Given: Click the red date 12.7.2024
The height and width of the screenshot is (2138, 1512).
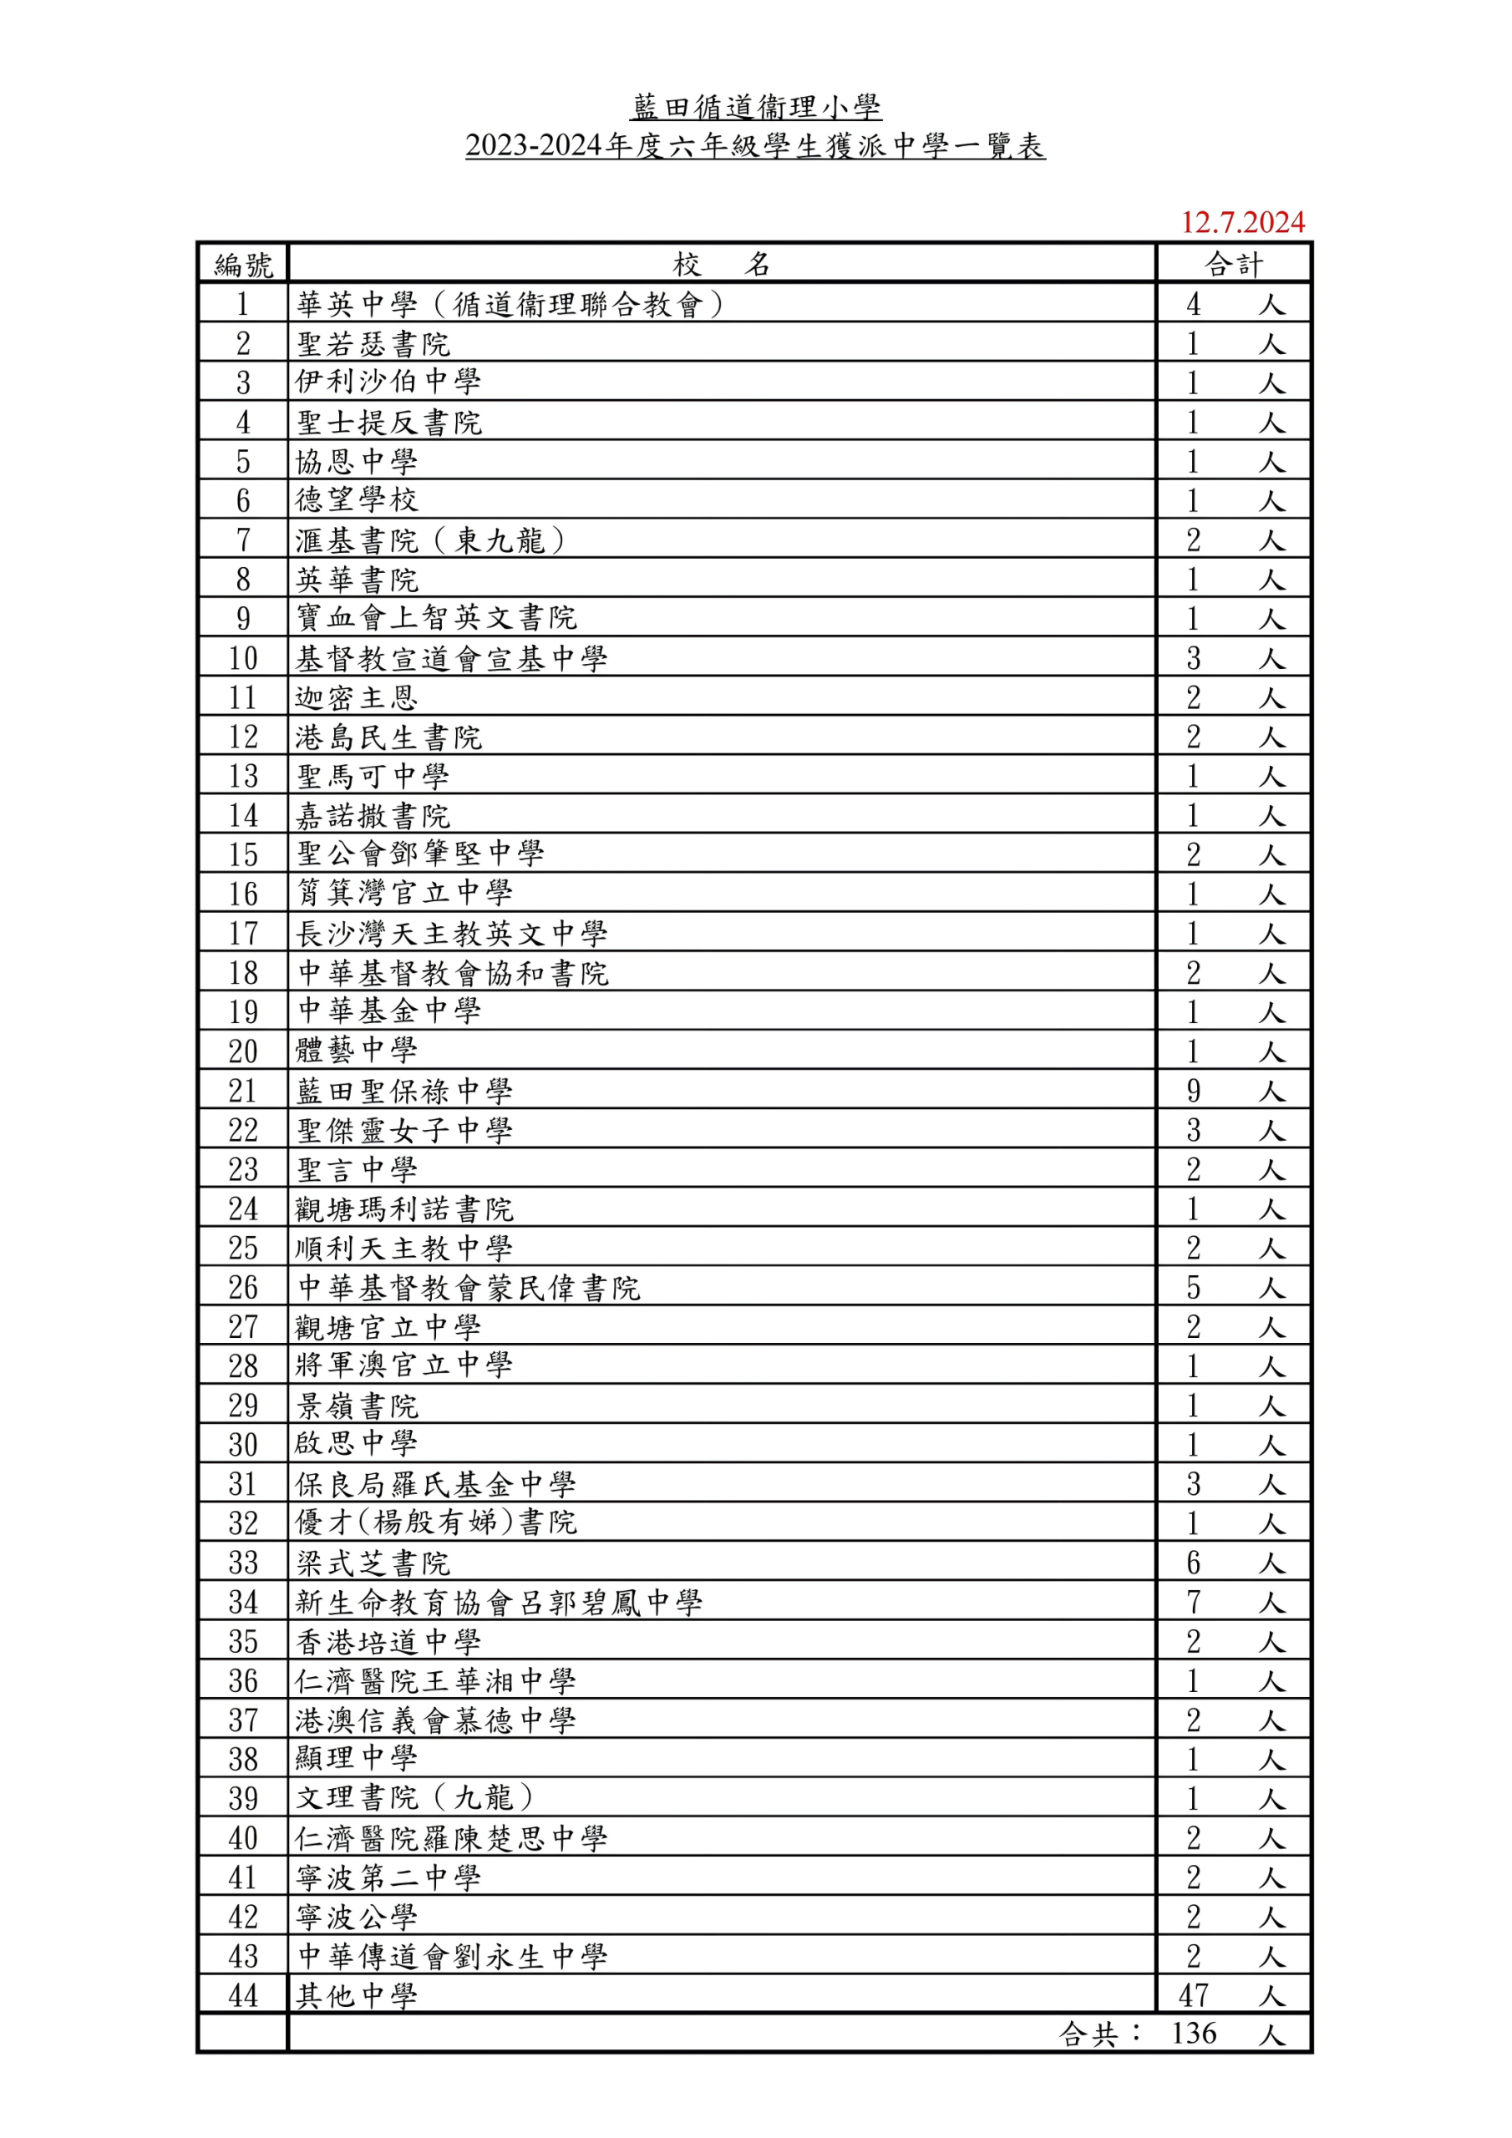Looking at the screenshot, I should [x=1243, y=222].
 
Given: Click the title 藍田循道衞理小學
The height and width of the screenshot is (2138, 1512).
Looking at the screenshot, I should [x=755, y=107].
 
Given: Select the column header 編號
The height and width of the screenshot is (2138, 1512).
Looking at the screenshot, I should [x=243, y=265].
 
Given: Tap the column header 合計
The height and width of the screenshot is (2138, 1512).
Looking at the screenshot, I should [x=1235, y=265].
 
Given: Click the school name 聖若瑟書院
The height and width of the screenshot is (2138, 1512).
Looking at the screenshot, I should [x=373, y=345].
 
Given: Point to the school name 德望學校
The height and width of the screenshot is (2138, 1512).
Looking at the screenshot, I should [x=357, y=501].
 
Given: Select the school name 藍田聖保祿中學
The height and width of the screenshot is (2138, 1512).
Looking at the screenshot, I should [x=403, y=1091].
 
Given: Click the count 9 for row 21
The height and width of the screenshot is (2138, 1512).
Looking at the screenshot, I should [x=1194, y=1091].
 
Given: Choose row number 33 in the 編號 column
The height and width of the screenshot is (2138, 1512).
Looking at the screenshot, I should [x=243, y=1563].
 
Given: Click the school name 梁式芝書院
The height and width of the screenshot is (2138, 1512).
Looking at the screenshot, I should [x=373, y=1563].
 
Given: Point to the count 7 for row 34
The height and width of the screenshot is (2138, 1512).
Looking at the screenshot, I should [x=1194, y=1602].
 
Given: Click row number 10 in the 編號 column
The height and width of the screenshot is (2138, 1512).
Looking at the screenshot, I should [x=243, y=658].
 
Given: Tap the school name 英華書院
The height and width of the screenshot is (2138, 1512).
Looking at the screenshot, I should [x=357, y=580].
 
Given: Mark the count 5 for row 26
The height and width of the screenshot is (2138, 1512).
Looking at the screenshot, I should [x=1194, y=1288].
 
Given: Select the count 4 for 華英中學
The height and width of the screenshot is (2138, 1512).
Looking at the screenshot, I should [x=1194, y=305].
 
